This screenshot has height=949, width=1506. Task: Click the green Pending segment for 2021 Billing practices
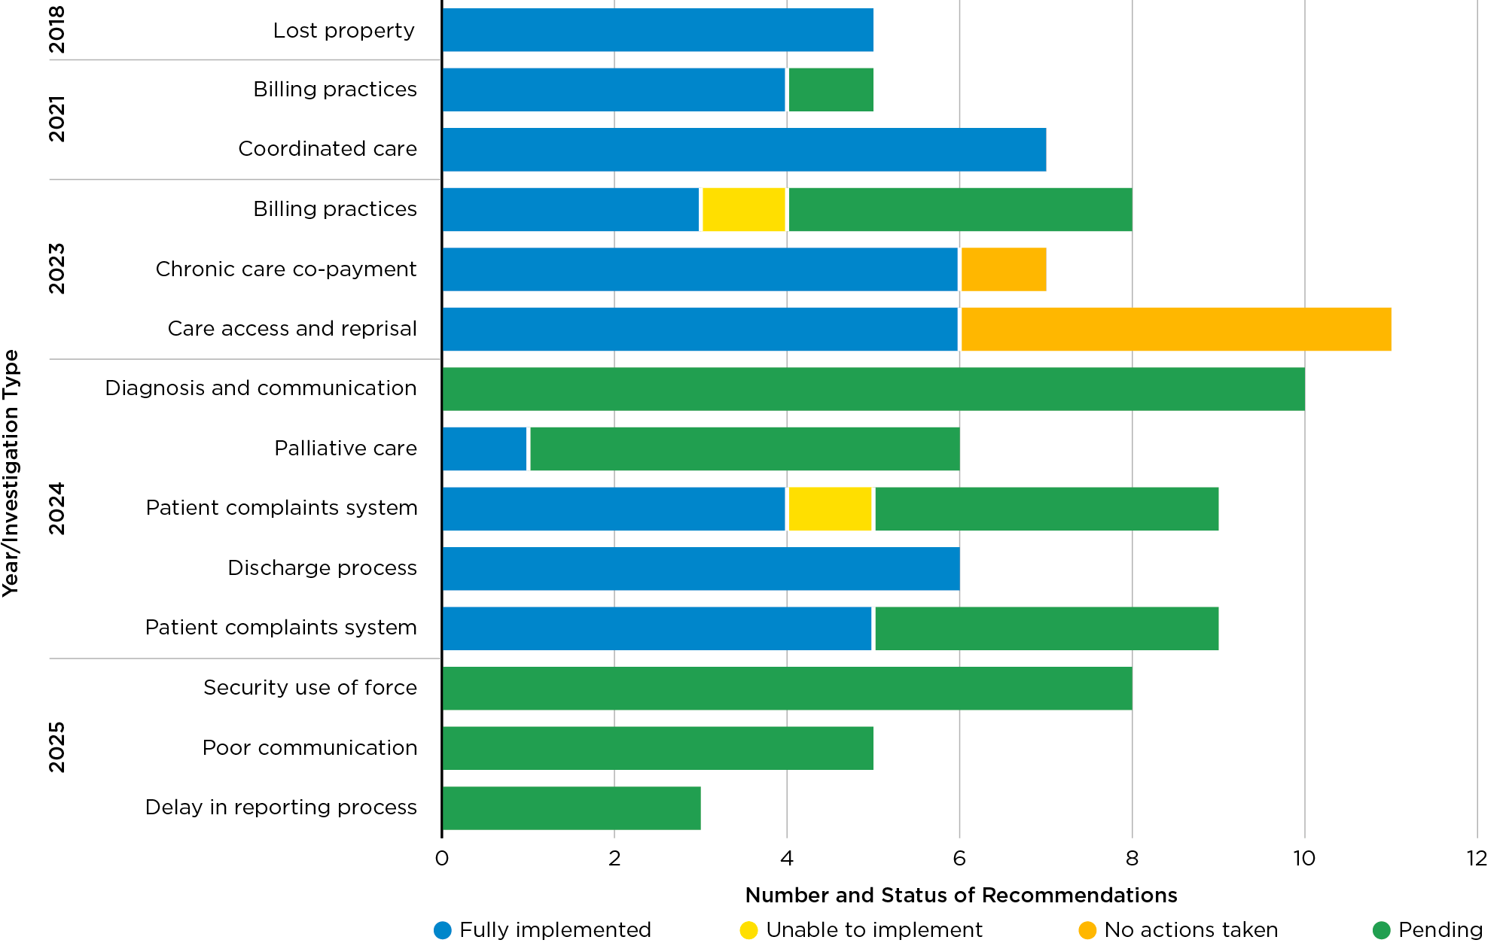point(831,90)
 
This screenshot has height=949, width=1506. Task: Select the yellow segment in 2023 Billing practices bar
point(744,209)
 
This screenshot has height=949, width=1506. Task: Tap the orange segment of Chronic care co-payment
point(1004,269)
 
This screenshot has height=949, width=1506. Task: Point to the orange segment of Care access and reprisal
point(1175,329)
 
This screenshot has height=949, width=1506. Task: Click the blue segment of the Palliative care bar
point(485,449)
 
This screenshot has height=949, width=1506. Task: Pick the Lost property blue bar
point(657,30)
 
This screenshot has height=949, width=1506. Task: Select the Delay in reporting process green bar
point(572,808)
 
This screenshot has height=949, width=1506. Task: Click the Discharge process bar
point(700,568)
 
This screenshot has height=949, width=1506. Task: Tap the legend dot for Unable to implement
point(748,930)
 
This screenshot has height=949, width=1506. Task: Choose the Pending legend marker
point(1381,930)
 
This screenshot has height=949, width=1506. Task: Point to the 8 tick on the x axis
point(1132,858)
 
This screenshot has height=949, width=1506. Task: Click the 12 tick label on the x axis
point(1477,858)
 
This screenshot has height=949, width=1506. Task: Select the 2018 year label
point(57,30)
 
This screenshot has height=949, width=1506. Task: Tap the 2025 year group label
point(57,747)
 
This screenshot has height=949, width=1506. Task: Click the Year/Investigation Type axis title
point(11,474)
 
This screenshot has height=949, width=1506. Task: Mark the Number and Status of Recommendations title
point(961,895)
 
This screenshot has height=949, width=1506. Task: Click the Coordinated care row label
point(328,149)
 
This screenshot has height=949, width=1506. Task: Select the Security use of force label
point(309,688)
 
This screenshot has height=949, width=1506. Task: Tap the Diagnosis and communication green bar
point(873,389)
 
